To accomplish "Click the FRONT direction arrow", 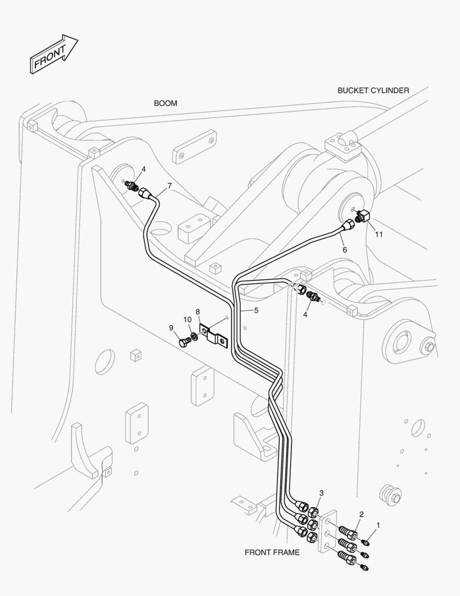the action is click(x=53, y=54).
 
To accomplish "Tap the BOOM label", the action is click(x=165, y=103).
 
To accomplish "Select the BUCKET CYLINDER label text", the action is click(x=374, y=91).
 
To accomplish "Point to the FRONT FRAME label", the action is click(x=272, y=552).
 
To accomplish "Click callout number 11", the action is click(x=379, y=235).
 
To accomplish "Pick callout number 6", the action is click(x=345, y=250).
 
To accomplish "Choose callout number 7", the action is click(x=170, y=186).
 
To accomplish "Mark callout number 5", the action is click(x=256, y=311).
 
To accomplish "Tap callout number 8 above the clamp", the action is click(x=198, y=312).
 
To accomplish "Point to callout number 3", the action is click(x=322, y=493).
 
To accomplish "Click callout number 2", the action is click(x=361, y=514).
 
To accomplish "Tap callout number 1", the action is click(x=378, y=525).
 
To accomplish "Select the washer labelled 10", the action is click(x=194, y=337).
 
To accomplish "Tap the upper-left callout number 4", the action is click(x=143, y=169).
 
